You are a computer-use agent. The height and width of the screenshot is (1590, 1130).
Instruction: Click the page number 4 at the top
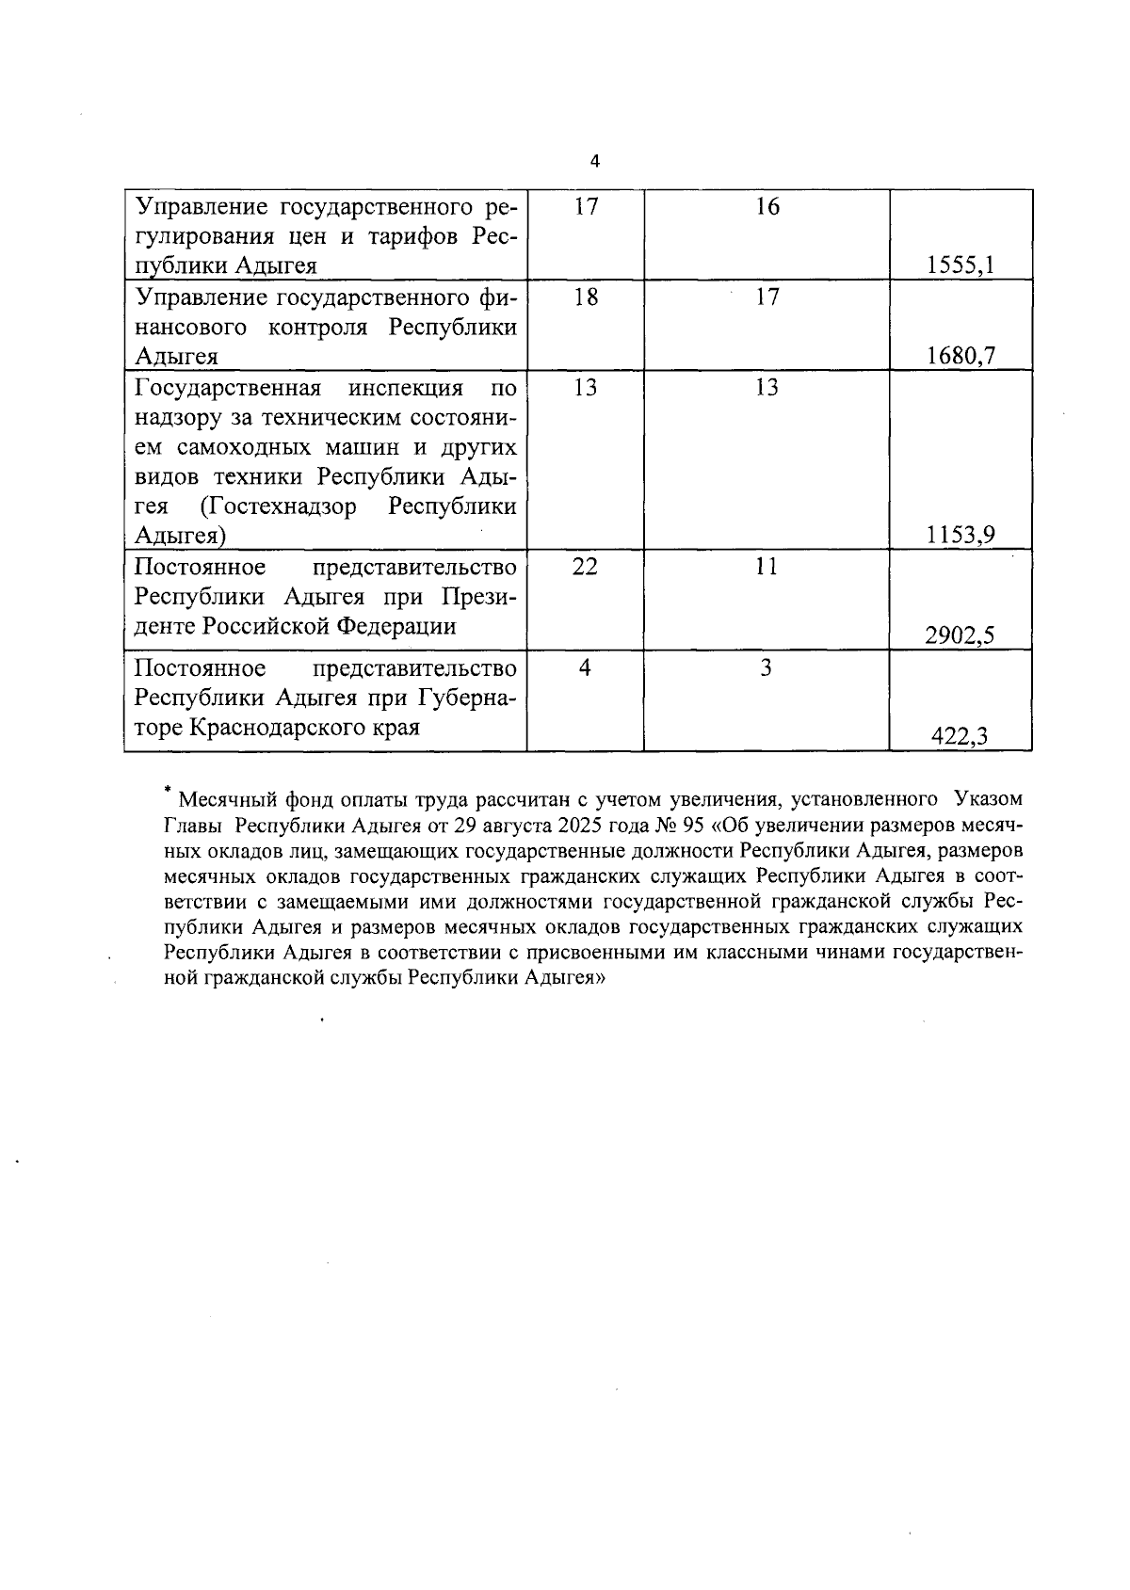tap(594, 161)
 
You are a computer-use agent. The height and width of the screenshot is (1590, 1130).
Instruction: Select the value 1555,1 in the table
tap(960, 265)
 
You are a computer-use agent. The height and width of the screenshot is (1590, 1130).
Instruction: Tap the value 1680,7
tap(960, 356)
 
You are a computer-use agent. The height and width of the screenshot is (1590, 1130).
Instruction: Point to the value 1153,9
tap(960, 536)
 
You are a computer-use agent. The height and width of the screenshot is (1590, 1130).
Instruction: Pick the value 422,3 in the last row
tap(960, 736)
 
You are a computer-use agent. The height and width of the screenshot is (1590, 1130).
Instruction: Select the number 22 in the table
tap(585, 568)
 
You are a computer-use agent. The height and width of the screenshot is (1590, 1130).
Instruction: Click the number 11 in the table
tap(767, 568)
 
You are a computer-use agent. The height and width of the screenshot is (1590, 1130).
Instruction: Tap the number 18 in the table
tap(585, 297)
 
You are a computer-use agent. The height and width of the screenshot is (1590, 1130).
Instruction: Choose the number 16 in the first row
tap(767, 207)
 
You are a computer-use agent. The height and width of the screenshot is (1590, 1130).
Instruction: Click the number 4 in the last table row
tap(585, 668)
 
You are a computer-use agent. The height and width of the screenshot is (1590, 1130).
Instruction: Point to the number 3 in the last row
tap(767, 668)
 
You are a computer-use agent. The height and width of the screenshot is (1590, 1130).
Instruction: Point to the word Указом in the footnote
tap(988, 800)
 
